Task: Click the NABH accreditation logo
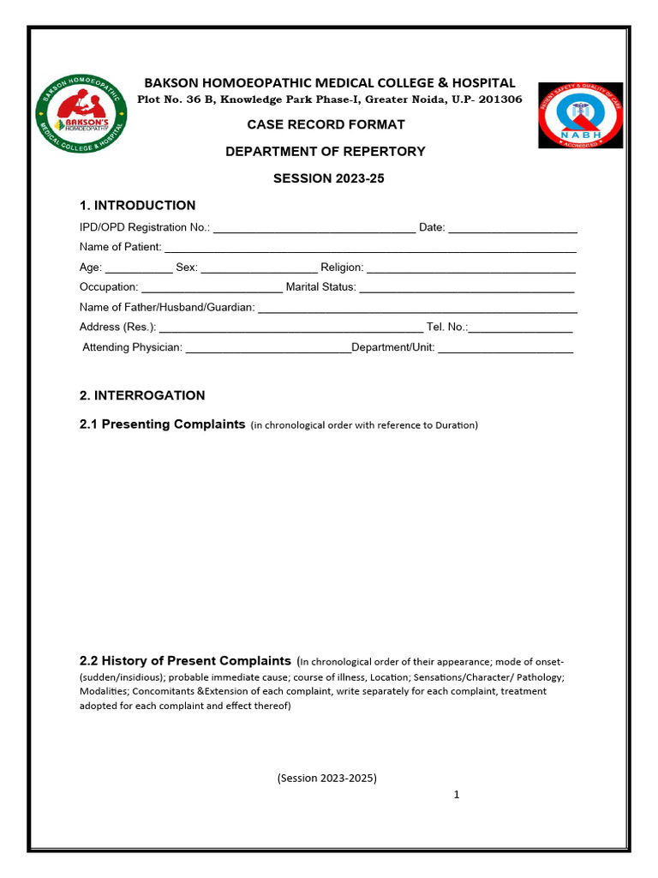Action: point(580,115)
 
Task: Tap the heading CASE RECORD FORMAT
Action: point(326,124)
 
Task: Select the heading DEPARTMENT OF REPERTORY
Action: point(325,151)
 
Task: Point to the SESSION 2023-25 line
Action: point(325,178)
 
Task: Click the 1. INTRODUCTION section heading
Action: point(137,206)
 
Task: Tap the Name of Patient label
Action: point(120,247)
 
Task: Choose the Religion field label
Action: point(342,268)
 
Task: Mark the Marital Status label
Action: point(320,287)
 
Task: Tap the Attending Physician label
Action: point(132,347)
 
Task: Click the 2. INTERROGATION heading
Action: point(142,395)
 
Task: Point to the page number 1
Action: point(457,795)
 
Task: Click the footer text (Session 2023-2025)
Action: point(326,779)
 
